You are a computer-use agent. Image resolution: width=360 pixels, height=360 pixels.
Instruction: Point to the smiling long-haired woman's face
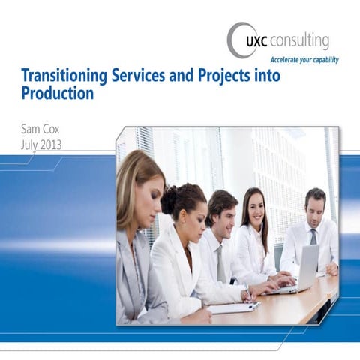pyautogui.click(x=255, y=211)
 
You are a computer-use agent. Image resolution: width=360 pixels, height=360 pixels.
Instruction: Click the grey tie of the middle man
pyautogui.click(x=220, y=262)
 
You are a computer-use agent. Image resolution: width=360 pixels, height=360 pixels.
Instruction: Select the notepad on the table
pyautogui.click(x=232, y=307)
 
